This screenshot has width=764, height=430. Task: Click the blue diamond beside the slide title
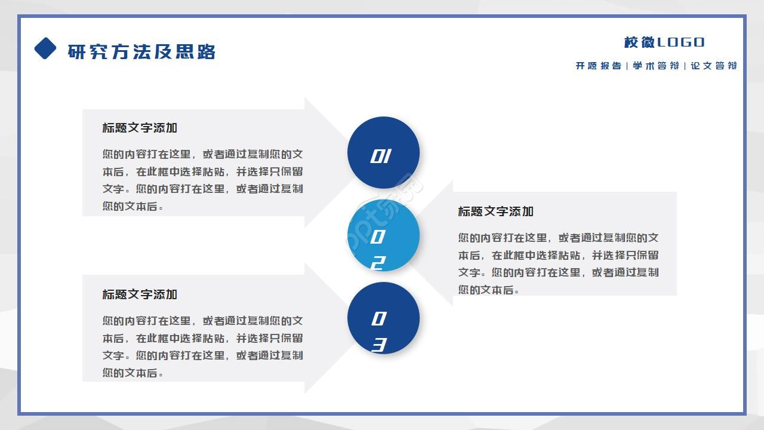click(x=45, y=48)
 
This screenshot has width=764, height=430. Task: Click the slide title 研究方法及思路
click(x=141, y=52)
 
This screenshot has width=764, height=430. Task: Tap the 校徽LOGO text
click(x=664, y=42)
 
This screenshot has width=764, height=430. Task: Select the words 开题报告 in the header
click(x=598, y=66)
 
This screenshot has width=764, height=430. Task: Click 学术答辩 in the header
click(x=656, y=66)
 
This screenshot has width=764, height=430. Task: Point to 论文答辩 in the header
click(x=714, y=66)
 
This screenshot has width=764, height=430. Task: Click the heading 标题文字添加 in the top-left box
click(x=140, y=128)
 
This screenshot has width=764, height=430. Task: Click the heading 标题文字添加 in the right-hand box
click(x=495, y=211)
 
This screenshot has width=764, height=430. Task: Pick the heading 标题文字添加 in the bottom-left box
click(x=140, y=294)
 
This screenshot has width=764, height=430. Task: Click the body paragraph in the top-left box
click(x=202, y=180)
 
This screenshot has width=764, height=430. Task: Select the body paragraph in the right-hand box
click(x=558, y=263)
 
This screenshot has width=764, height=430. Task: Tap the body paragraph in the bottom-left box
click(x=202, y=346)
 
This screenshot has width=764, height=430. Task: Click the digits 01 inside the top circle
click(x=380, y=156)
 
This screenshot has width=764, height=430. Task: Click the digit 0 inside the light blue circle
click(x=377, y=237)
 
